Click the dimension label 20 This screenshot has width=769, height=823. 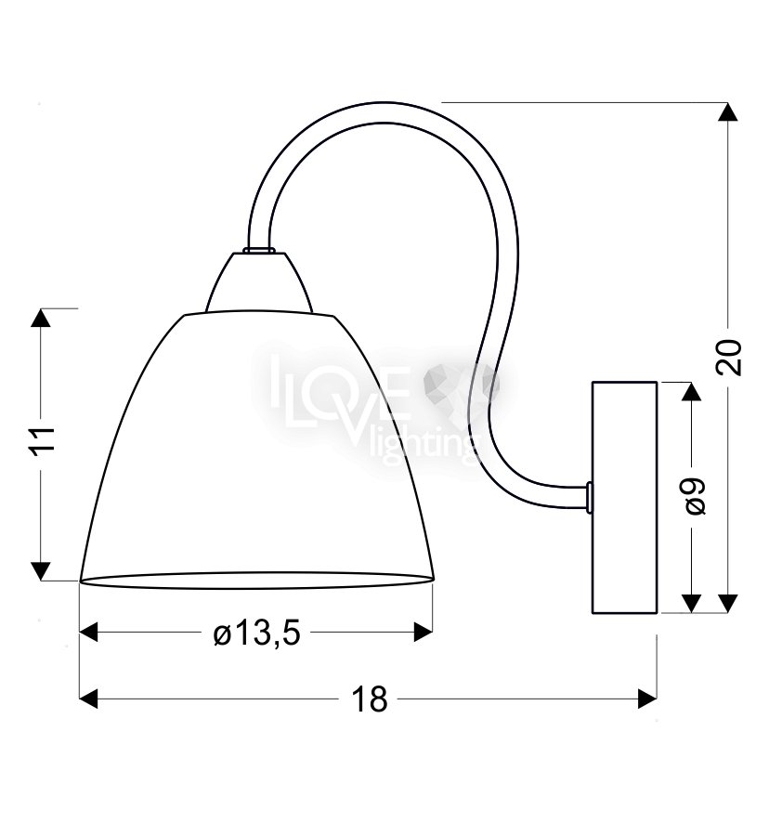pyautogui.click(x=729, y=357)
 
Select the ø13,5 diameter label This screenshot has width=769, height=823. pyautogui.click(x=256, y=634)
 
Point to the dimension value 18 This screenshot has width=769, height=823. pyautogui.click(x=369, y=699)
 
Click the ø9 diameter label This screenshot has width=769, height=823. pyautogui.click(x=695, y=497)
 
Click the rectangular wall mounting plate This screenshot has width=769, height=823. pyautogui.click(x=625, y=497)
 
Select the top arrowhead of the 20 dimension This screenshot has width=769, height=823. pyautogui.click(x=727, y=112)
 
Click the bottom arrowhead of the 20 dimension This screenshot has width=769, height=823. pyautogui.click(x=727, y=603)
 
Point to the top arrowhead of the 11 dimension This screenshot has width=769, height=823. pyautogui.click(x=41, y=319)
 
